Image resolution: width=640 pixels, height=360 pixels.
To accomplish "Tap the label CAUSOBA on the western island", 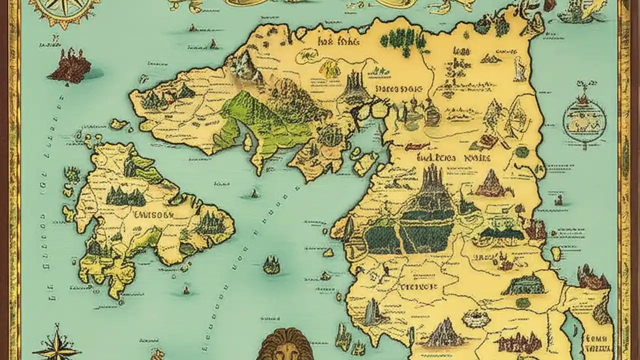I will (153, 214).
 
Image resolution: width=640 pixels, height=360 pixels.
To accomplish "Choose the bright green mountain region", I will (260, 120).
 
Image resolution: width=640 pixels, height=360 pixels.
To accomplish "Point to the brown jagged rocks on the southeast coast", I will (592, 277).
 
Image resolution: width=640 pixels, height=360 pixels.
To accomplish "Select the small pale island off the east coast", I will (556, 254).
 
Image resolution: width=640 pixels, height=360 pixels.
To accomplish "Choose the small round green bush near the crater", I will (522, 303).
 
